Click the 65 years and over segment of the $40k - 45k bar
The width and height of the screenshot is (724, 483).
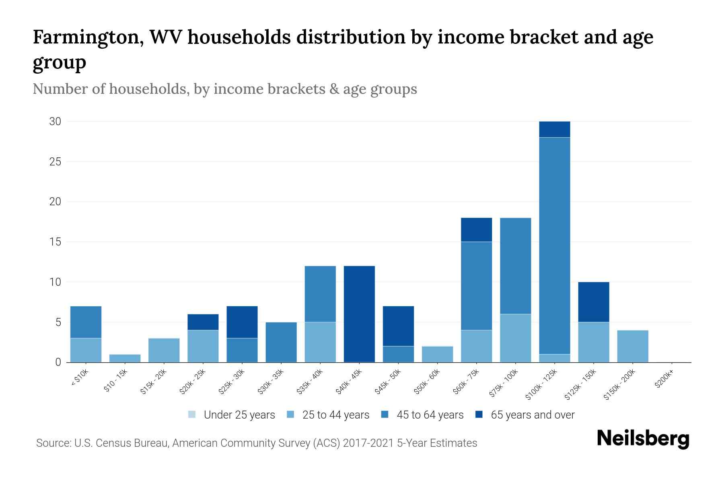(x=359, y=314)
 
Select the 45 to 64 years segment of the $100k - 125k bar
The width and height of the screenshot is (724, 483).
(x=554, y=246)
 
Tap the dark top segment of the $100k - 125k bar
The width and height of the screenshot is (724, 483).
(x=554, y=129)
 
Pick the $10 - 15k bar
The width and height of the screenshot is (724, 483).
(x=125, y=358)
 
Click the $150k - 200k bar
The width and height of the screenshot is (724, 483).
(x=632, y=346)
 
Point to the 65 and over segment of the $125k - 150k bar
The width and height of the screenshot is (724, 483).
(x=593, y=302)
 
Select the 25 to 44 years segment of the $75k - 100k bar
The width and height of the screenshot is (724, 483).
(x=515, y=338)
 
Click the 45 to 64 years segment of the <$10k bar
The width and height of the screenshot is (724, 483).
(x=86, y=322)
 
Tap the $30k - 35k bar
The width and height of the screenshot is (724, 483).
(x=281, y=342)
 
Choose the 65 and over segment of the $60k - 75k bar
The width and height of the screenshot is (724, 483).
(x=476, y=229)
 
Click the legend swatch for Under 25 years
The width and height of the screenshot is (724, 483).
(x=192, y=415)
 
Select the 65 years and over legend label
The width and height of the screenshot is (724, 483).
(x=533, y=415)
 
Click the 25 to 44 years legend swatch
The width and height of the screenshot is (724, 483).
(x=291, y=415)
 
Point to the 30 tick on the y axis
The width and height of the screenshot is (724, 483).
(x=55, y=121)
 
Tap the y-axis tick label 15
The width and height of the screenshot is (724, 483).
(x=56, y=242)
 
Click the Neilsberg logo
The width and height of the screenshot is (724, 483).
(x=643, y=439)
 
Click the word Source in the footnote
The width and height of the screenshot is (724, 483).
(x=53, y=443)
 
